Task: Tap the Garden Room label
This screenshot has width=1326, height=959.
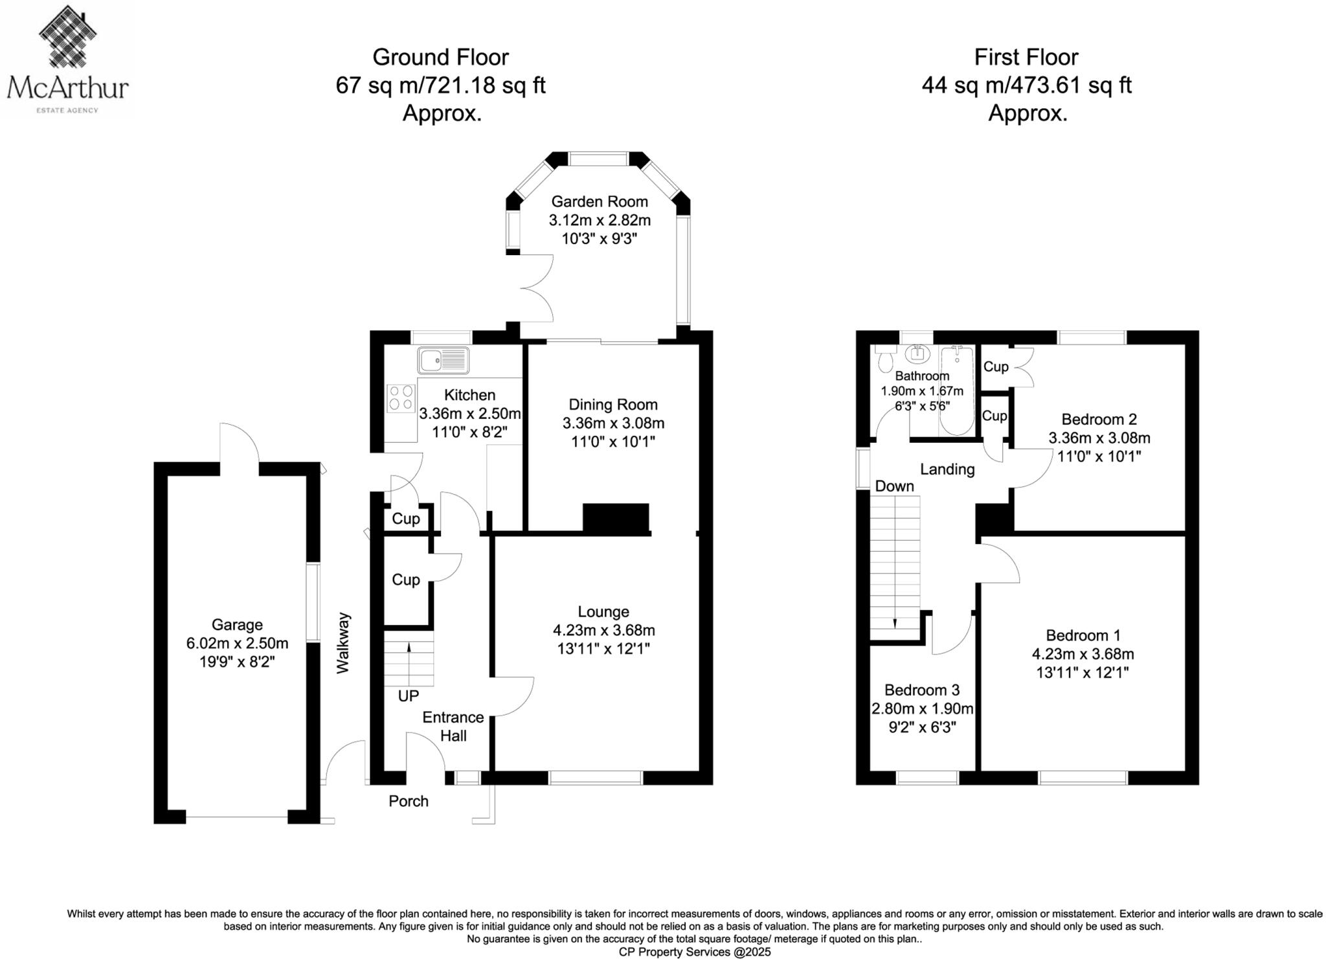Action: pyautogui.click(x=599, y=202)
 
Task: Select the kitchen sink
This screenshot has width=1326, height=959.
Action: pyautogui.click(x=443, y=360)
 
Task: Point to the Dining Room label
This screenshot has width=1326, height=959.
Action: pyautogui.click(x=612, y=405)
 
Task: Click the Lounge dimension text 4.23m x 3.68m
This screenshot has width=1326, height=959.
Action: pyautogui.click(x=603, y=630)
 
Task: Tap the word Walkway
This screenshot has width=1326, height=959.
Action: pyautogui.click(x=343, y=643)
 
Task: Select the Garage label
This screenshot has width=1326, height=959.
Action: pyautogui.click(x=237, y=625)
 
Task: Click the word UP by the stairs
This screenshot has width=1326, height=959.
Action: pyautogui.click(x=408, y=695)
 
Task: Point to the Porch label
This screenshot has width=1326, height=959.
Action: pyautogui.click(x=408, y=801)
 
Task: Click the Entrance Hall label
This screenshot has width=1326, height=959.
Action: pyautogui.click(x=453, y=726)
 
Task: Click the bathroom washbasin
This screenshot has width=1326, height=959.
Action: pyautogui.click(x=918, y=354)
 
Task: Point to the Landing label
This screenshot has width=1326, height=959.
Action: pyautogui.click(x=947, y=469)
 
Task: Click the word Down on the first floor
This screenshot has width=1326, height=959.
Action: pyautogui.click(x=894, y=486)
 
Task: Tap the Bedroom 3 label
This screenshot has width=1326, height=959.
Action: pyautogui.click(x=921, y=690)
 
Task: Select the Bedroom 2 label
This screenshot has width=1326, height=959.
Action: pyautogui.click(x=1099, y=419)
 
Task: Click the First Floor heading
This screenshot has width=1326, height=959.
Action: pyautogui.click(x=1026, y=58)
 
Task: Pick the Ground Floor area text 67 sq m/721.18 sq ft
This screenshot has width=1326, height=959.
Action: pyautogui.click(x=440, y=85)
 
